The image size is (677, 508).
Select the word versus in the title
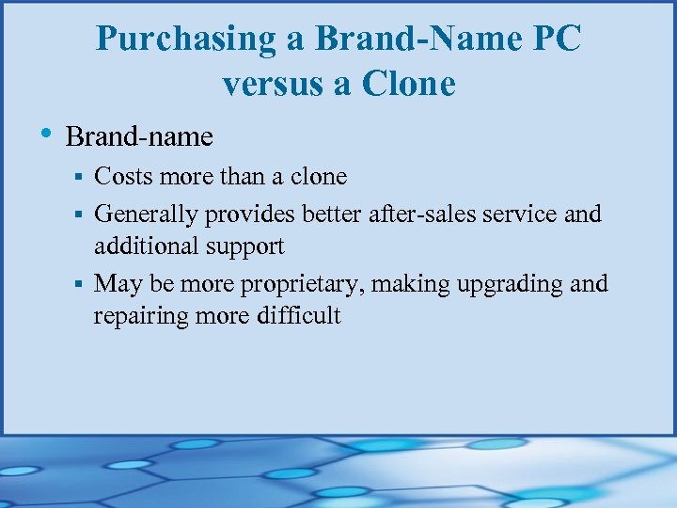point(271,85)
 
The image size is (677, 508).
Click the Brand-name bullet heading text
point(139,137)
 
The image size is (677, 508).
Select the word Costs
point(127,176)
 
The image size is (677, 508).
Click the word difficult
point(298,315)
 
